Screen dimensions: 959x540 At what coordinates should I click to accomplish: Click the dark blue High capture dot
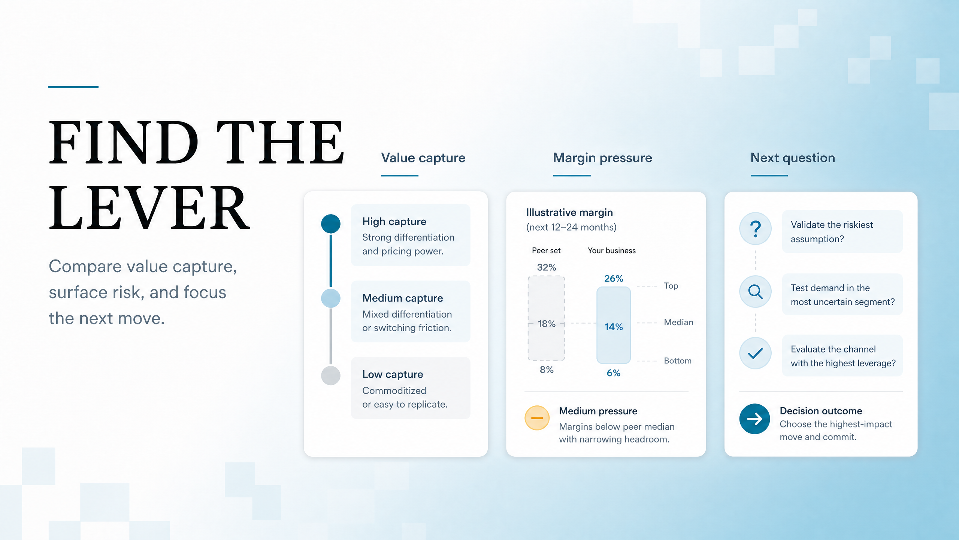[x=330, y=224]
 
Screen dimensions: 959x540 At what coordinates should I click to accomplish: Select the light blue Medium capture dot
[x=330, y=298]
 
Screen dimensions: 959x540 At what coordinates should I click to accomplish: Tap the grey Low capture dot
[x=330, y=375]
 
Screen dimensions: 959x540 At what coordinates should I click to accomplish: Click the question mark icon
[x=755, y=228]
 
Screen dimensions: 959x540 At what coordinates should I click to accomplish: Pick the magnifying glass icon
[x=755, y=291]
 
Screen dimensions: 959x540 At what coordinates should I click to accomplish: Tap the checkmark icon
[x=755, y=353]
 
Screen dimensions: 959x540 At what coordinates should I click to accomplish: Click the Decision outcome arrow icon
[x=754, y=418]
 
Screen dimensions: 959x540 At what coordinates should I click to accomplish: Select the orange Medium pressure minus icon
[x=537, y=418]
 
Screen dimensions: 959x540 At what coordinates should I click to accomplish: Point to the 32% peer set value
[x=546, y=267]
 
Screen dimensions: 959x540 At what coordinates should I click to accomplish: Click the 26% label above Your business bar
[x=614, y=279]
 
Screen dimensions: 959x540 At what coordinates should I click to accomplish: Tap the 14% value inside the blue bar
[x=614, y=327]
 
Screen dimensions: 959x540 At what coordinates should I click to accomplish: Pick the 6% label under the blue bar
[x=614, y=373]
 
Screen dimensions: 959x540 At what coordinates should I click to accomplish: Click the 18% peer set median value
[x=546, y=324]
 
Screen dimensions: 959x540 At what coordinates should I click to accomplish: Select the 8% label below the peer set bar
[x=546, y=370]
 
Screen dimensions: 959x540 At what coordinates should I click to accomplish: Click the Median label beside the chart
[x=678, y=322]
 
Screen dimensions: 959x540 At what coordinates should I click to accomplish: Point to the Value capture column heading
[x=423, y=158]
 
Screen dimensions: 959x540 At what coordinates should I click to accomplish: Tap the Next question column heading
[x=793, y=158]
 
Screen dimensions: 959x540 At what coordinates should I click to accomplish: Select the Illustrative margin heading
[x=569, y=213]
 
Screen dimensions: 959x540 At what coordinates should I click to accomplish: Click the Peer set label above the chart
[x=546, y=250]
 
